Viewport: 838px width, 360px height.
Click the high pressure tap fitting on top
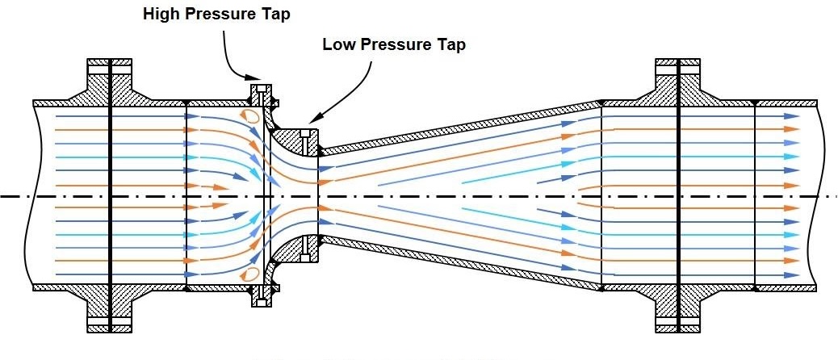[260, 90]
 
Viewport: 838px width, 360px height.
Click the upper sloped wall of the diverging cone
[460, 125]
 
